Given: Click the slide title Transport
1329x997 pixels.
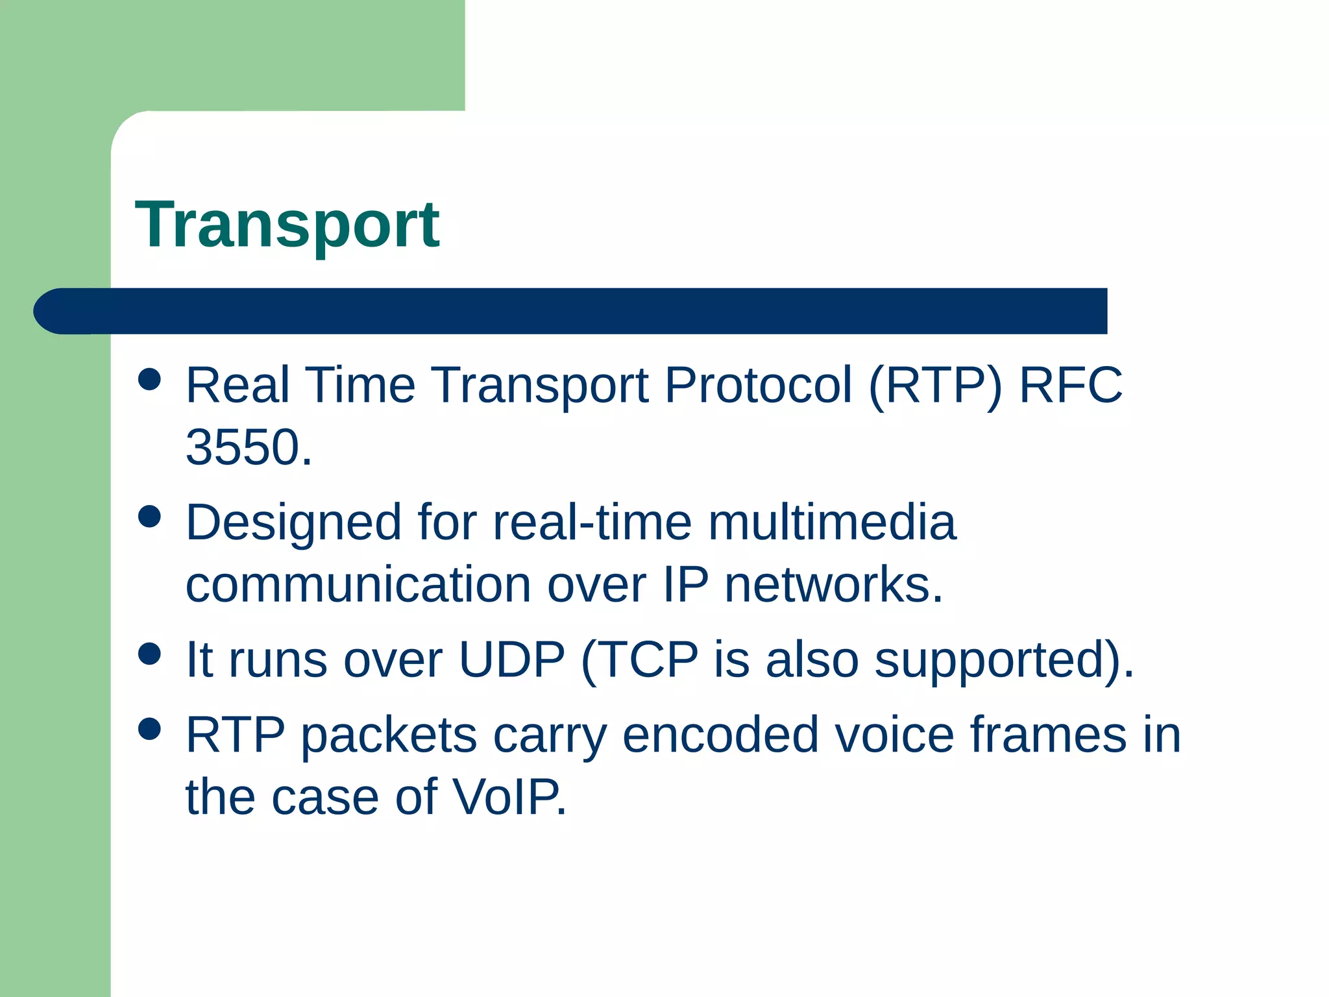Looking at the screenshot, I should (287, 225).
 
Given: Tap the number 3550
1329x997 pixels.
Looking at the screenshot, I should (249, 447).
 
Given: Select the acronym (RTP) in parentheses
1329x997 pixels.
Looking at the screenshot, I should (935, 385).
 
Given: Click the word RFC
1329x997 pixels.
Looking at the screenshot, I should (1070, 385).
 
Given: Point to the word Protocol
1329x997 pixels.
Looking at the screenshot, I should (757, 385).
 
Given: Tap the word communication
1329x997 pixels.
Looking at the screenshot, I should (358, 584).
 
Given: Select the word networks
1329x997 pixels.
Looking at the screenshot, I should (833, 584).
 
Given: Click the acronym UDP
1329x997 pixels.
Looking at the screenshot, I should (511, 659).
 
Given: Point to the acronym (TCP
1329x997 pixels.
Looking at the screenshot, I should (639, 659).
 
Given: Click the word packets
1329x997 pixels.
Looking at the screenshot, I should (389, 735).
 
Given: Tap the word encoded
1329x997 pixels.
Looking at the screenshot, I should (720, 735).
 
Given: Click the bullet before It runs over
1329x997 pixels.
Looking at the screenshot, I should (150, 654).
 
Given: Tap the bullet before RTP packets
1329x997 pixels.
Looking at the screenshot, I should (150, 729).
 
